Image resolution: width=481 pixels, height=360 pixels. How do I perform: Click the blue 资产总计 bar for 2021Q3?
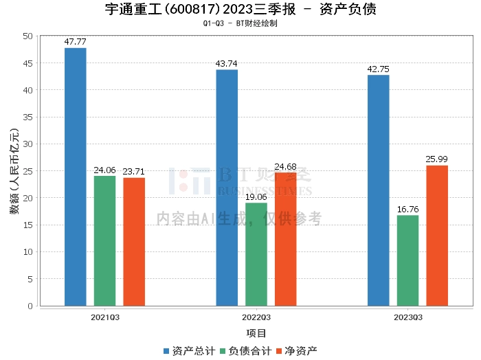76,177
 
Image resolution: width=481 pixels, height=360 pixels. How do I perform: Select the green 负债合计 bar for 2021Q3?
104,240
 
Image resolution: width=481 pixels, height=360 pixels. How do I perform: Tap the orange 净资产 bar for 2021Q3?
134,242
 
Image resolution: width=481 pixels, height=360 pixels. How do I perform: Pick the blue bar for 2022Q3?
227,188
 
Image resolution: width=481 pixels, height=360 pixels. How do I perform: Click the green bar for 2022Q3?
256,254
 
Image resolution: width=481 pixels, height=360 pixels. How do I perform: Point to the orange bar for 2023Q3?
437,236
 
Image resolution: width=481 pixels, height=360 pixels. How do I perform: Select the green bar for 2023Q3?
407,260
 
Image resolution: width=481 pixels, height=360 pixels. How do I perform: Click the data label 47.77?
75,42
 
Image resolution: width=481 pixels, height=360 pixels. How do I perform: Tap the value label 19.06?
256,197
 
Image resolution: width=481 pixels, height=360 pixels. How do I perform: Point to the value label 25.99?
437,159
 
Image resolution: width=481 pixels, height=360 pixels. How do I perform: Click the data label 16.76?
407,210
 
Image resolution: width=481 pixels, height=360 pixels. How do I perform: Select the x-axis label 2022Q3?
256,317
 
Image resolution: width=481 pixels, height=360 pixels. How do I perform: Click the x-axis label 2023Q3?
408,317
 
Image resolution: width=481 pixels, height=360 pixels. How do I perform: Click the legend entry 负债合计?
245,350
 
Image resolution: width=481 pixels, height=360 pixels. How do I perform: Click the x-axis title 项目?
256,333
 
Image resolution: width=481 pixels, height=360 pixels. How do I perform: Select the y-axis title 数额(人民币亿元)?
14,171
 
